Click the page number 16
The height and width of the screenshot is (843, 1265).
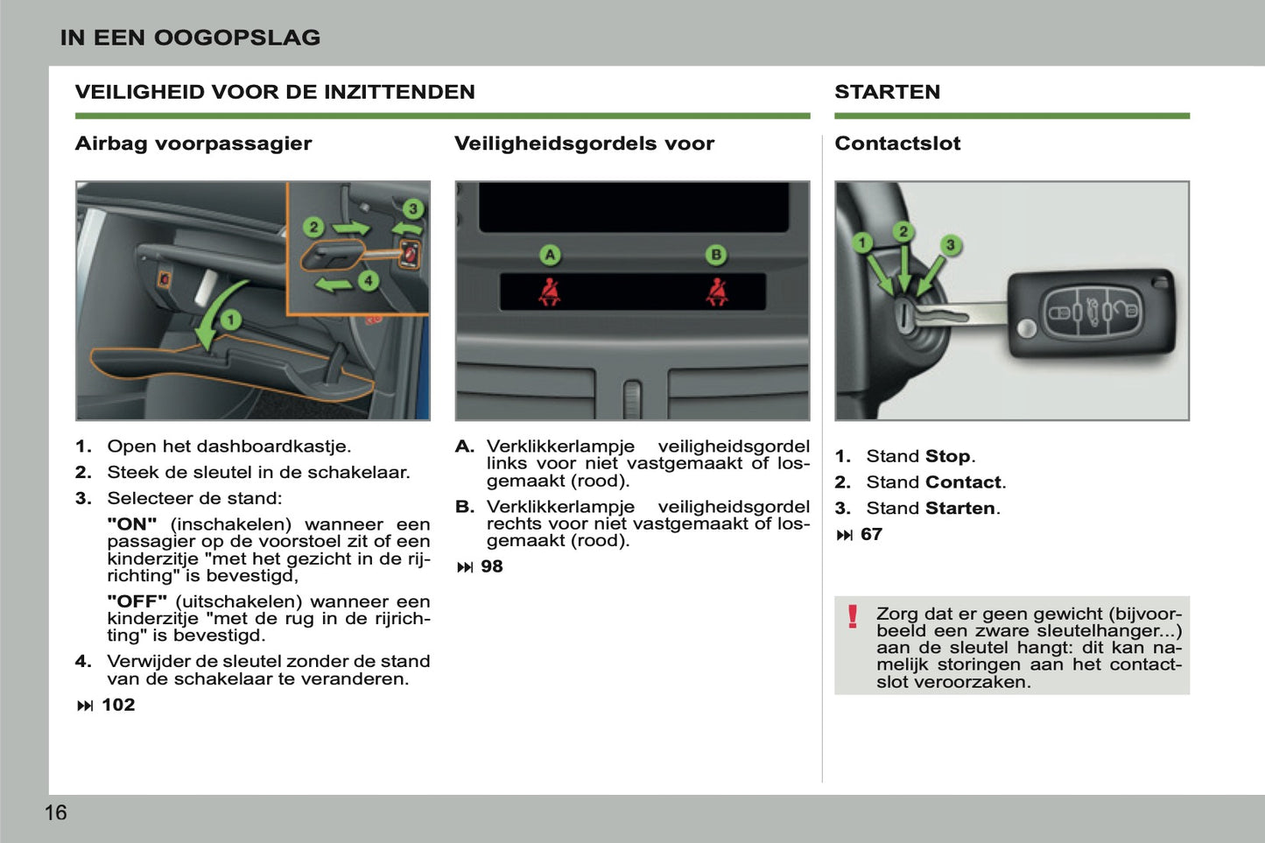pos(55,812)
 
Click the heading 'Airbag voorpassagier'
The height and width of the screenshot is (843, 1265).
pos(193,144)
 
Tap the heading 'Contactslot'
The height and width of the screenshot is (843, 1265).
pos(897,144)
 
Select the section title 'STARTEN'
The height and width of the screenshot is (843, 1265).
pos(887,92)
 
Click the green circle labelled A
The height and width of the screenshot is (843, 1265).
pos(550,255)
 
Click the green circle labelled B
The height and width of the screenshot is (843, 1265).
pos(716,255)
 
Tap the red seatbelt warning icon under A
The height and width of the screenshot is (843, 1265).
pos(550,292)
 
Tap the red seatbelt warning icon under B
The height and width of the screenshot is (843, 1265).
pos(717,292)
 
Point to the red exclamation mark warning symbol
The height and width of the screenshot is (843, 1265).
pos(853,617)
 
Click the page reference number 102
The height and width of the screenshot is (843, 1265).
pos(118,705)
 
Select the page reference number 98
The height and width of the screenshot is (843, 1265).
pos(492,566)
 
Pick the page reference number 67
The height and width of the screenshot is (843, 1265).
pos(871,534)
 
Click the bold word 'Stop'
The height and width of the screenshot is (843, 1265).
pos(948,456)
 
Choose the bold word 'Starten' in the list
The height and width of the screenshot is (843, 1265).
pos(960,509)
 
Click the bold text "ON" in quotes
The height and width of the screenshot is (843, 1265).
pos(132,524)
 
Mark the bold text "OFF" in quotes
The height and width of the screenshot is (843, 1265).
pos(137,601)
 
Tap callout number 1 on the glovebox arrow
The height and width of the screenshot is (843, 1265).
pos(230,320)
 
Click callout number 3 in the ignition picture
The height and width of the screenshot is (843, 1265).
pos(950,245)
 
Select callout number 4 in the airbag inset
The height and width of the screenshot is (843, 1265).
pos(369,280)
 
